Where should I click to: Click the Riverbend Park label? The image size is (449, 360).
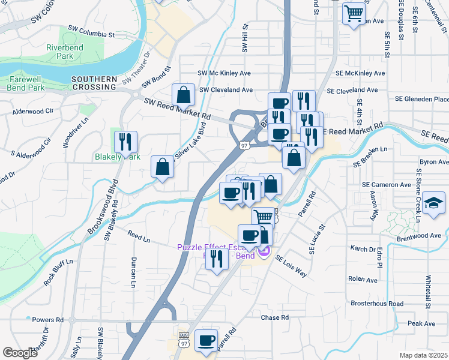pyautogui.click(x=61, y=52)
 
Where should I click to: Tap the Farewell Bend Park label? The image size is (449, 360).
pyautogui.click(x=26, y=83)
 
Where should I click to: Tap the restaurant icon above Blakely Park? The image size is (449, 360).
pyautogui.click(x=125, y=142)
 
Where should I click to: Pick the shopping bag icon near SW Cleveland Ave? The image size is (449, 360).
pyautogui.click(x=183, y=94)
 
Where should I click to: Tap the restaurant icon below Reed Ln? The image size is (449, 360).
pyautogui.click(x=217, y=259)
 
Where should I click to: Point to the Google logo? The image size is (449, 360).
pyautogui.click(x=20, y=353)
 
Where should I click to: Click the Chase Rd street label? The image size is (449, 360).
pyautogui.click(x=275, y=317)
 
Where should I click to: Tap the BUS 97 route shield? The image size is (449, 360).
pyautogui.click(x=184, y=339)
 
